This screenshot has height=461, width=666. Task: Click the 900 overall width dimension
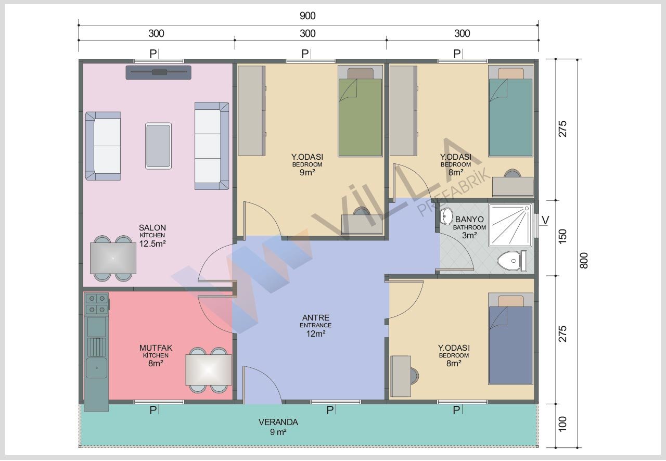pyautogui.click(x=308, y=16)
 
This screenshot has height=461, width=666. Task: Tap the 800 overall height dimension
pyautogui.click(x=584, y=261)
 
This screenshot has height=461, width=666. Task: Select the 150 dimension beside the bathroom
pyautogui.click(x=562, y=236)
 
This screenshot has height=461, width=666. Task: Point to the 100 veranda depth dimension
pyautogui.click(x=562, y=424)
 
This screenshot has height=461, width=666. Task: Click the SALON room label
pyautogui.click(x=152, y=227)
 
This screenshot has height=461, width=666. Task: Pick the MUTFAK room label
pyautogui.click(x=156, y=348)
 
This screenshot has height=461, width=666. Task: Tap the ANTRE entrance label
pyautogui.click(x=315, y=317)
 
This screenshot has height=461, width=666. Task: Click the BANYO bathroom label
pyautogui.click(x=469, y=219)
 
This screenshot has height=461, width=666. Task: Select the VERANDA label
pyautogui.click(x=278, y=422)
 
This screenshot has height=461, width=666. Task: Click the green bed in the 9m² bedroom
pyautogui.click(x=360, y=111)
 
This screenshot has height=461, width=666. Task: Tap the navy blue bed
pyautogui.click(x=510, y=339)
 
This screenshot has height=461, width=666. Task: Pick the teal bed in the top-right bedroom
pyautogui.click(x=510, y=111)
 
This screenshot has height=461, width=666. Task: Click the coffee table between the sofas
pyautogui.click(x=158, y=146)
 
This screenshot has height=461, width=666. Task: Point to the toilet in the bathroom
pyautogui.click(x=512, y=261)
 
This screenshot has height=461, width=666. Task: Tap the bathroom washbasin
pyautogui.click(x=446, y=216)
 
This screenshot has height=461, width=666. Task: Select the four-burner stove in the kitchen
pyautogui.click(x=97, y=304)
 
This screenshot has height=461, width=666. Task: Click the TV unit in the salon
pyautogui.click(x=159, y=72)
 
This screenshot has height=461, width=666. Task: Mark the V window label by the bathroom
pyautogui.click(x=545, y=221)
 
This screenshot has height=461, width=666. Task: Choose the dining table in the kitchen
pyautogui.click(x=209, y=370)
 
